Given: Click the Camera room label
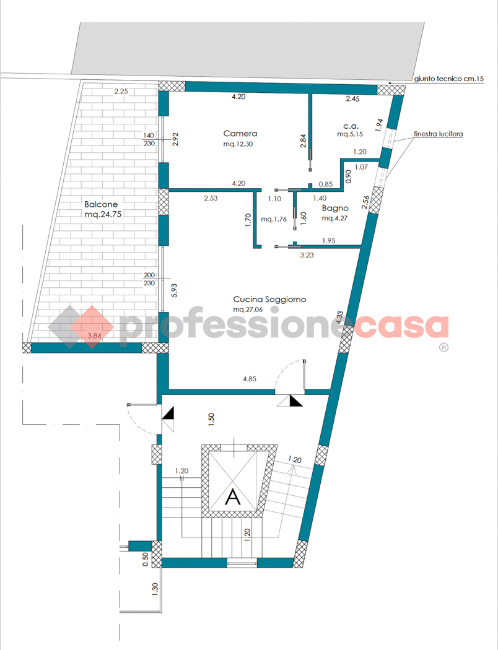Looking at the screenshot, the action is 240,134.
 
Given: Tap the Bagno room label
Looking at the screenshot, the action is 335,208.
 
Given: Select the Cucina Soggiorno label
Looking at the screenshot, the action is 269,299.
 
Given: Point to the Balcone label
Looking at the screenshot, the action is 101,204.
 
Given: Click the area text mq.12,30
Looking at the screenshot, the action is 238,144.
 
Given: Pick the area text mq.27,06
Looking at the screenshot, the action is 248,310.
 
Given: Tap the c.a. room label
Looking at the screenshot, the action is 351,126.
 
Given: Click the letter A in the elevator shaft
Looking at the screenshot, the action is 233,496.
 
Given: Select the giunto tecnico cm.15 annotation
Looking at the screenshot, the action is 449,79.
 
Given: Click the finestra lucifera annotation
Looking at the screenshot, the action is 439,134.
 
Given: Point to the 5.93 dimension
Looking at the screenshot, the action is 174,290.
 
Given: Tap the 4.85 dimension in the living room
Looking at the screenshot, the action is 250,379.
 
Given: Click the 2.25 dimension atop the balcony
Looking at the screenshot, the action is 121,92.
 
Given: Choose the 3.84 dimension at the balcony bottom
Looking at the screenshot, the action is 95,336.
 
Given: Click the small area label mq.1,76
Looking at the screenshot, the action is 274,219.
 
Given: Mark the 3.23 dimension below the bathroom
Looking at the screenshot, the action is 307,255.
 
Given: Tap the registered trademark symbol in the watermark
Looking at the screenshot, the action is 443,347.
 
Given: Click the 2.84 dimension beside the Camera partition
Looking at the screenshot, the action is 303,141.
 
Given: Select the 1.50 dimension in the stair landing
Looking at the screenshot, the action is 211,420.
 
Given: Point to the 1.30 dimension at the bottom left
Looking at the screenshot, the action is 155,589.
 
